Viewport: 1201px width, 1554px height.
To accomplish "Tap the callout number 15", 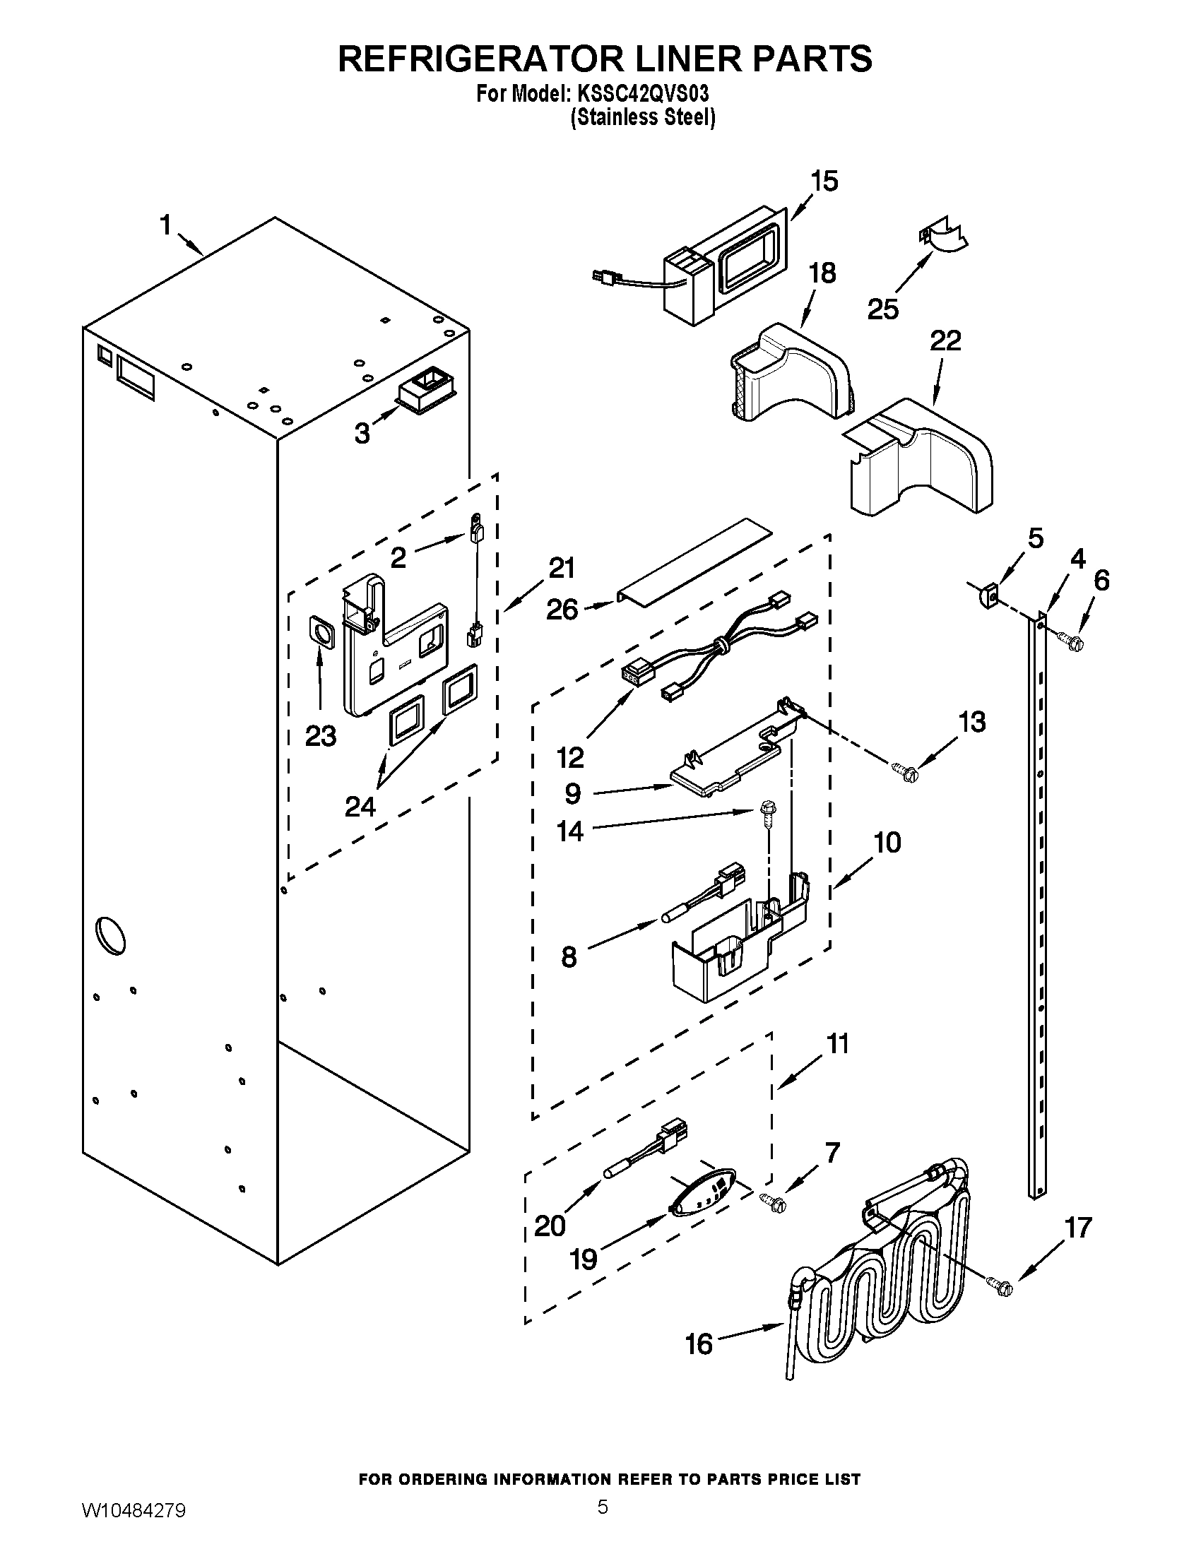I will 824,182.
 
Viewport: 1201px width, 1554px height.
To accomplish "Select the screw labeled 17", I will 1000,1286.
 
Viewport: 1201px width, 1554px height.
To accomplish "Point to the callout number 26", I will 562,609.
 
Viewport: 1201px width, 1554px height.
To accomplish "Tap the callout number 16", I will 699,1344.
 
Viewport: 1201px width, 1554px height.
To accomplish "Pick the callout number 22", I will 945,341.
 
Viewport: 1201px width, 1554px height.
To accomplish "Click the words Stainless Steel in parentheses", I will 642,117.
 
